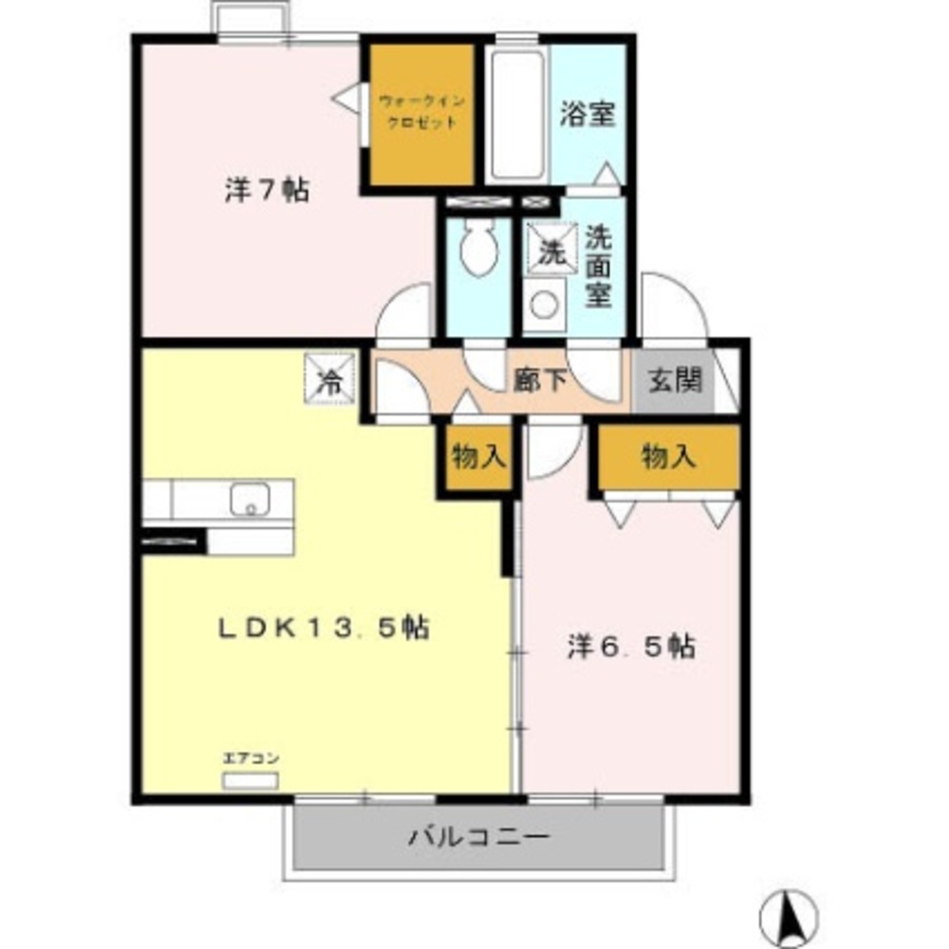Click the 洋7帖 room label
point(266,190)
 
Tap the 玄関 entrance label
point(676,381)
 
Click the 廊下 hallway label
point(540,381)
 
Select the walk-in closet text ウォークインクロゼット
point(419,111)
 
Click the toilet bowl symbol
point(474,249)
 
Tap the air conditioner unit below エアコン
point(251,781)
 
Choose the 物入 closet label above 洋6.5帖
point(668,457)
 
